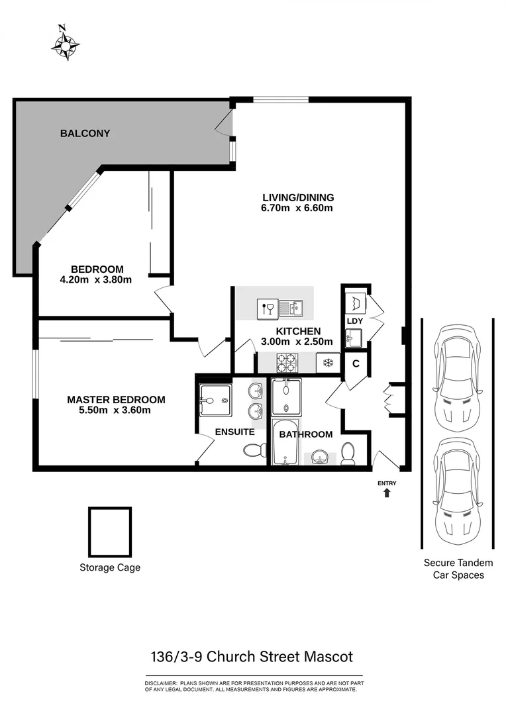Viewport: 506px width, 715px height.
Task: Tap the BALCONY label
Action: (x=85, y=133)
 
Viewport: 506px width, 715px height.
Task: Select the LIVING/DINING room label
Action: (x=297, y=197)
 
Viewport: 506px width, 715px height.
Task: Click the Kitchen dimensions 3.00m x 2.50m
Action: (x=297, y=342)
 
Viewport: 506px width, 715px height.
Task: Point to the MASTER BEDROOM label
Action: (x=116, y=400)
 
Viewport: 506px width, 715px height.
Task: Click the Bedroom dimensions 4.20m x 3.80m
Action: (x=97, y=279)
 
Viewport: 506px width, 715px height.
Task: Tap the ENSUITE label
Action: (x=234, y=432)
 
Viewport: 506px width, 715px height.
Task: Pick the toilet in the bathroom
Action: (x=348, y=452)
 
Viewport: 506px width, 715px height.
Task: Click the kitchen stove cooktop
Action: (x=287, y=362)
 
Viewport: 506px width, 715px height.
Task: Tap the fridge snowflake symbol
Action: (x=327, y=362)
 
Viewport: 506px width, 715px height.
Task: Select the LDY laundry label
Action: (x=354, y=321)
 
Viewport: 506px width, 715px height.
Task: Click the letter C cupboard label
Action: (x=356, y=363)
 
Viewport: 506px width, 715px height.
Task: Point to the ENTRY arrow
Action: (x=387, y=493)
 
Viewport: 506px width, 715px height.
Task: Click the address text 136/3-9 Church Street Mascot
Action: (x=251, y=657)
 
